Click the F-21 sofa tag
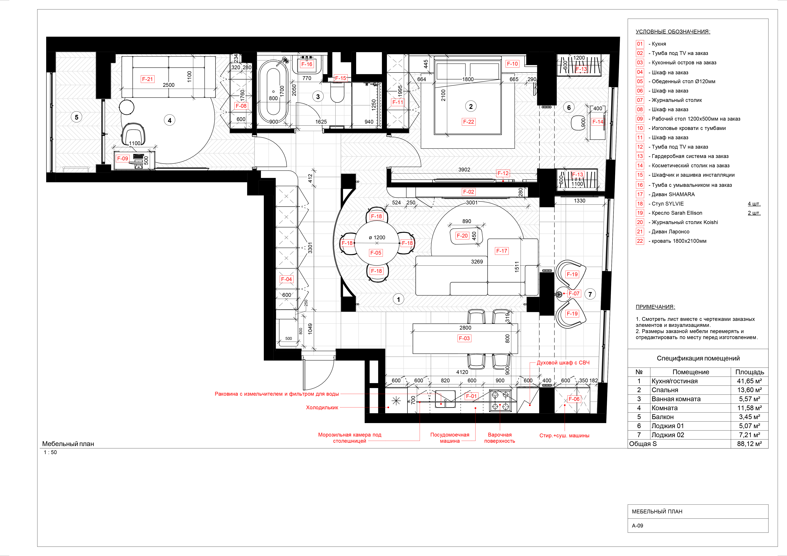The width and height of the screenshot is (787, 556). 147,79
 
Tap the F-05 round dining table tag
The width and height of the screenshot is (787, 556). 376,253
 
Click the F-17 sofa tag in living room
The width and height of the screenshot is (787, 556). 501,251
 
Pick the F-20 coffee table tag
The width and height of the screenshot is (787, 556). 462,236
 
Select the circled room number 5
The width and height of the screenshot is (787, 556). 76,117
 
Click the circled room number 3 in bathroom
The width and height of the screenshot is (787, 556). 318,96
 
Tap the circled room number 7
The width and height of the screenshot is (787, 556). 590,294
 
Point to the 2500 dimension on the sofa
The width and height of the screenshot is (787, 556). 168,85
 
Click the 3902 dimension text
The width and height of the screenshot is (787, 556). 464,170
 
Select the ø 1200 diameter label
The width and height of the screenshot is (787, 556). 377,237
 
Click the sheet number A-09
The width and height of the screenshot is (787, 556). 638,526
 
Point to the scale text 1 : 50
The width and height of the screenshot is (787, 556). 50,452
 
